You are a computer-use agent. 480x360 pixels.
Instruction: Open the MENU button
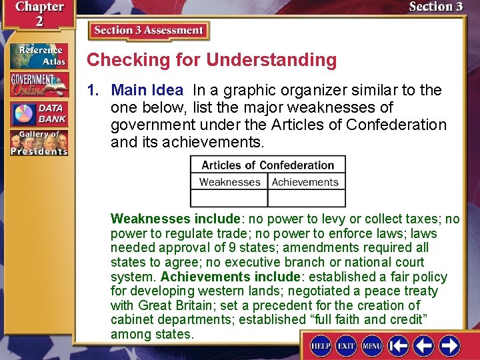[371, 346]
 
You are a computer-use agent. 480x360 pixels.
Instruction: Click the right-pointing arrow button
[449, 346]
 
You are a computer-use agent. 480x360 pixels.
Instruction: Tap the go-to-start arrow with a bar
[399, 346]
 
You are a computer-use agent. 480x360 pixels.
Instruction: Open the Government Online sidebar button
[38, 85]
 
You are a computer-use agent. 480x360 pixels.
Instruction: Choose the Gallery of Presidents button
[38, 142]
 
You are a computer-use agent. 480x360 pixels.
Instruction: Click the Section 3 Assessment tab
[149, 31]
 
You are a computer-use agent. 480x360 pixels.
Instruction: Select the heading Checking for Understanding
[212, 60]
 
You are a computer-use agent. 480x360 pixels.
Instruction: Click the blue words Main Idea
[147, 90]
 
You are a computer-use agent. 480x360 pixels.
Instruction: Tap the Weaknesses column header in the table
[229, 182]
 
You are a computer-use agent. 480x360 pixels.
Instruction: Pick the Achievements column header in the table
[306, 182]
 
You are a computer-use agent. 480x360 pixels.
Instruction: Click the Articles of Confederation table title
[268, 165]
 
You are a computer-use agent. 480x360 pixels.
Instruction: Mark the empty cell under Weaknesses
[229, 198]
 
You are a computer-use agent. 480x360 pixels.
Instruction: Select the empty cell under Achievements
[306, 198]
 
